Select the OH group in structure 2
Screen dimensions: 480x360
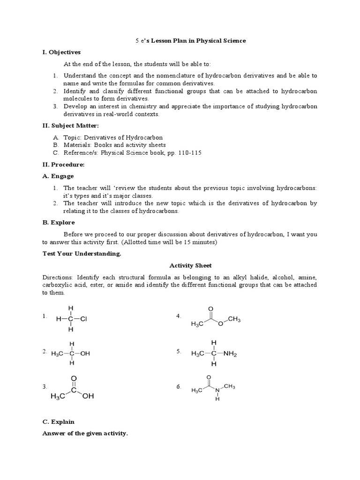click(x=85, y=353)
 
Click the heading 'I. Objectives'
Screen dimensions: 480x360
click(x=61, y=52)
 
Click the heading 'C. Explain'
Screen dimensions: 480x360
click(x=58, y=422)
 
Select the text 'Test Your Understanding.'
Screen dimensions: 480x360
click(x=82, y=254)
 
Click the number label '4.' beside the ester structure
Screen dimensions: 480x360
click(x=179, y=316)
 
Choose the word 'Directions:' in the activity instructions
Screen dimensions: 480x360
click(x=58, y=277)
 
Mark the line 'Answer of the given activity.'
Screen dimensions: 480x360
click(x=85, y=434)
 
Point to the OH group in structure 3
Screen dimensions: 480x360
click(x=88, y=397)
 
